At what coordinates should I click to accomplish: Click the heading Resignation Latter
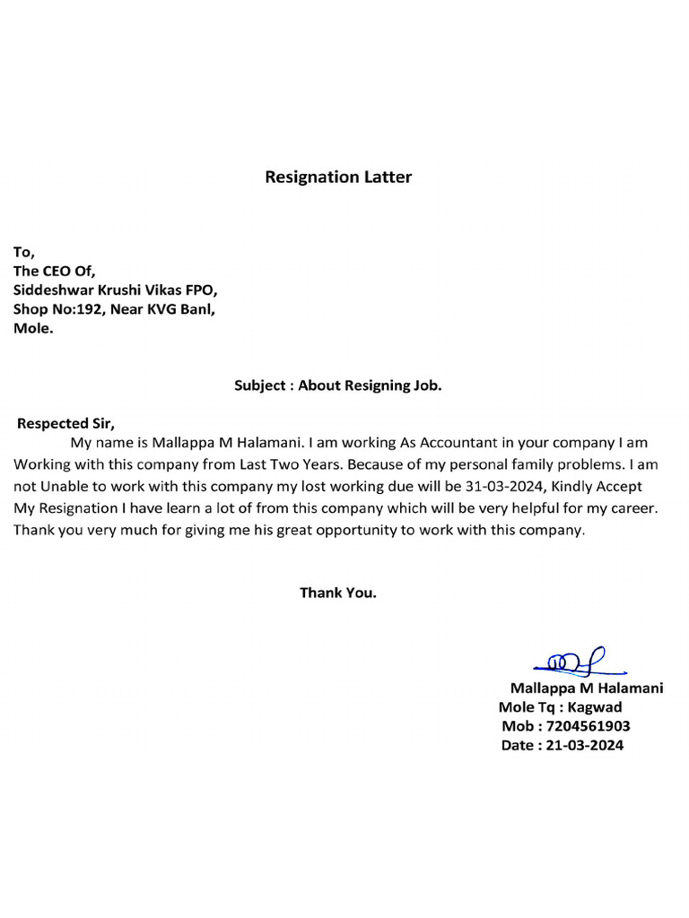(338, 177)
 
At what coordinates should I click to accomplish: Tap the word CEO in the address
(59, 272)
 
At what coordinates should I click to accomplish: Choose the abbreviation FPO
(197, 290)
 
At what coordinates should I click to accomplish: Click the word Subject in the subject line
(259, 386)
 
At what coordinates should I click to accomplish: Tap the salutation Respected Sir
(66, 423)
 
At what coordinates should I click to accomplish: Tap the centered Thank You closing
(338, 593)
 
